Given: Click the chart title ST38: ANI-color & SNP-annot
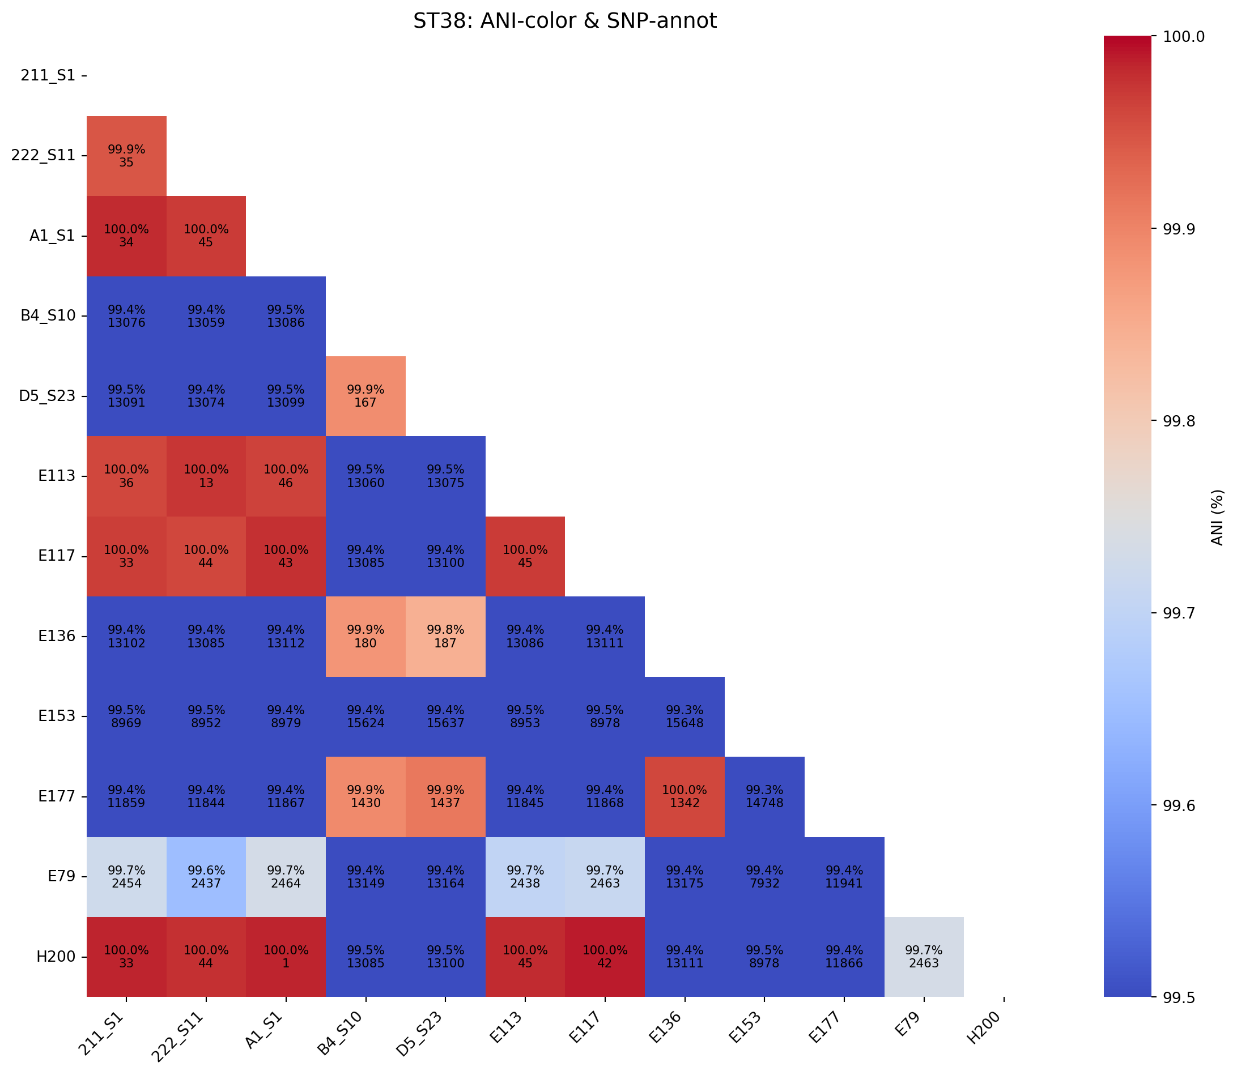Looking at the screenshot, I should tap(564, 22).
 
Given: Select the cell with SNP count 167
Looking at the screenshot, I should tap(365, 396).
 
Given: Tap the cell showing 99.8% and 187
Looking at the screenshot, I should tap(445, 637).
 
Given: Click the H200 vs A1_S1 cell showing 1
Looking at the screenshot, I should tap(286, 957).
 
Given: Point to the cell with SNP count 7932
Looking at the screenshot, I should tap(764, 876).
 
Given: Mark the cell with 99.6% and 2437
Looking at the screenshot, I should tap(206, 876).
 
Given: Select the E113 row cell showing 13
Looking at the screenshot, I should tap(206, 476).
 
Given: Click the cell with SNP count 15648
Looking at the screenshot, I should tap(685, 716).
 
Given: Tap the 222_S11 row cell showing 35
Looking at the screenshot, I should tap(126, 156).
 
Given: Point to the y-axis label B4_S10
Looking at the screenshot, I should tap(48, 316).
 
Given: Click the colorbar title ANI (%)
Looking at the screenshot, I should tap(1217, 517).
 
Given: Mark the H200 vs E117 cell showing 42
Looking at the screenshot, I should tap(605, 957).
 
